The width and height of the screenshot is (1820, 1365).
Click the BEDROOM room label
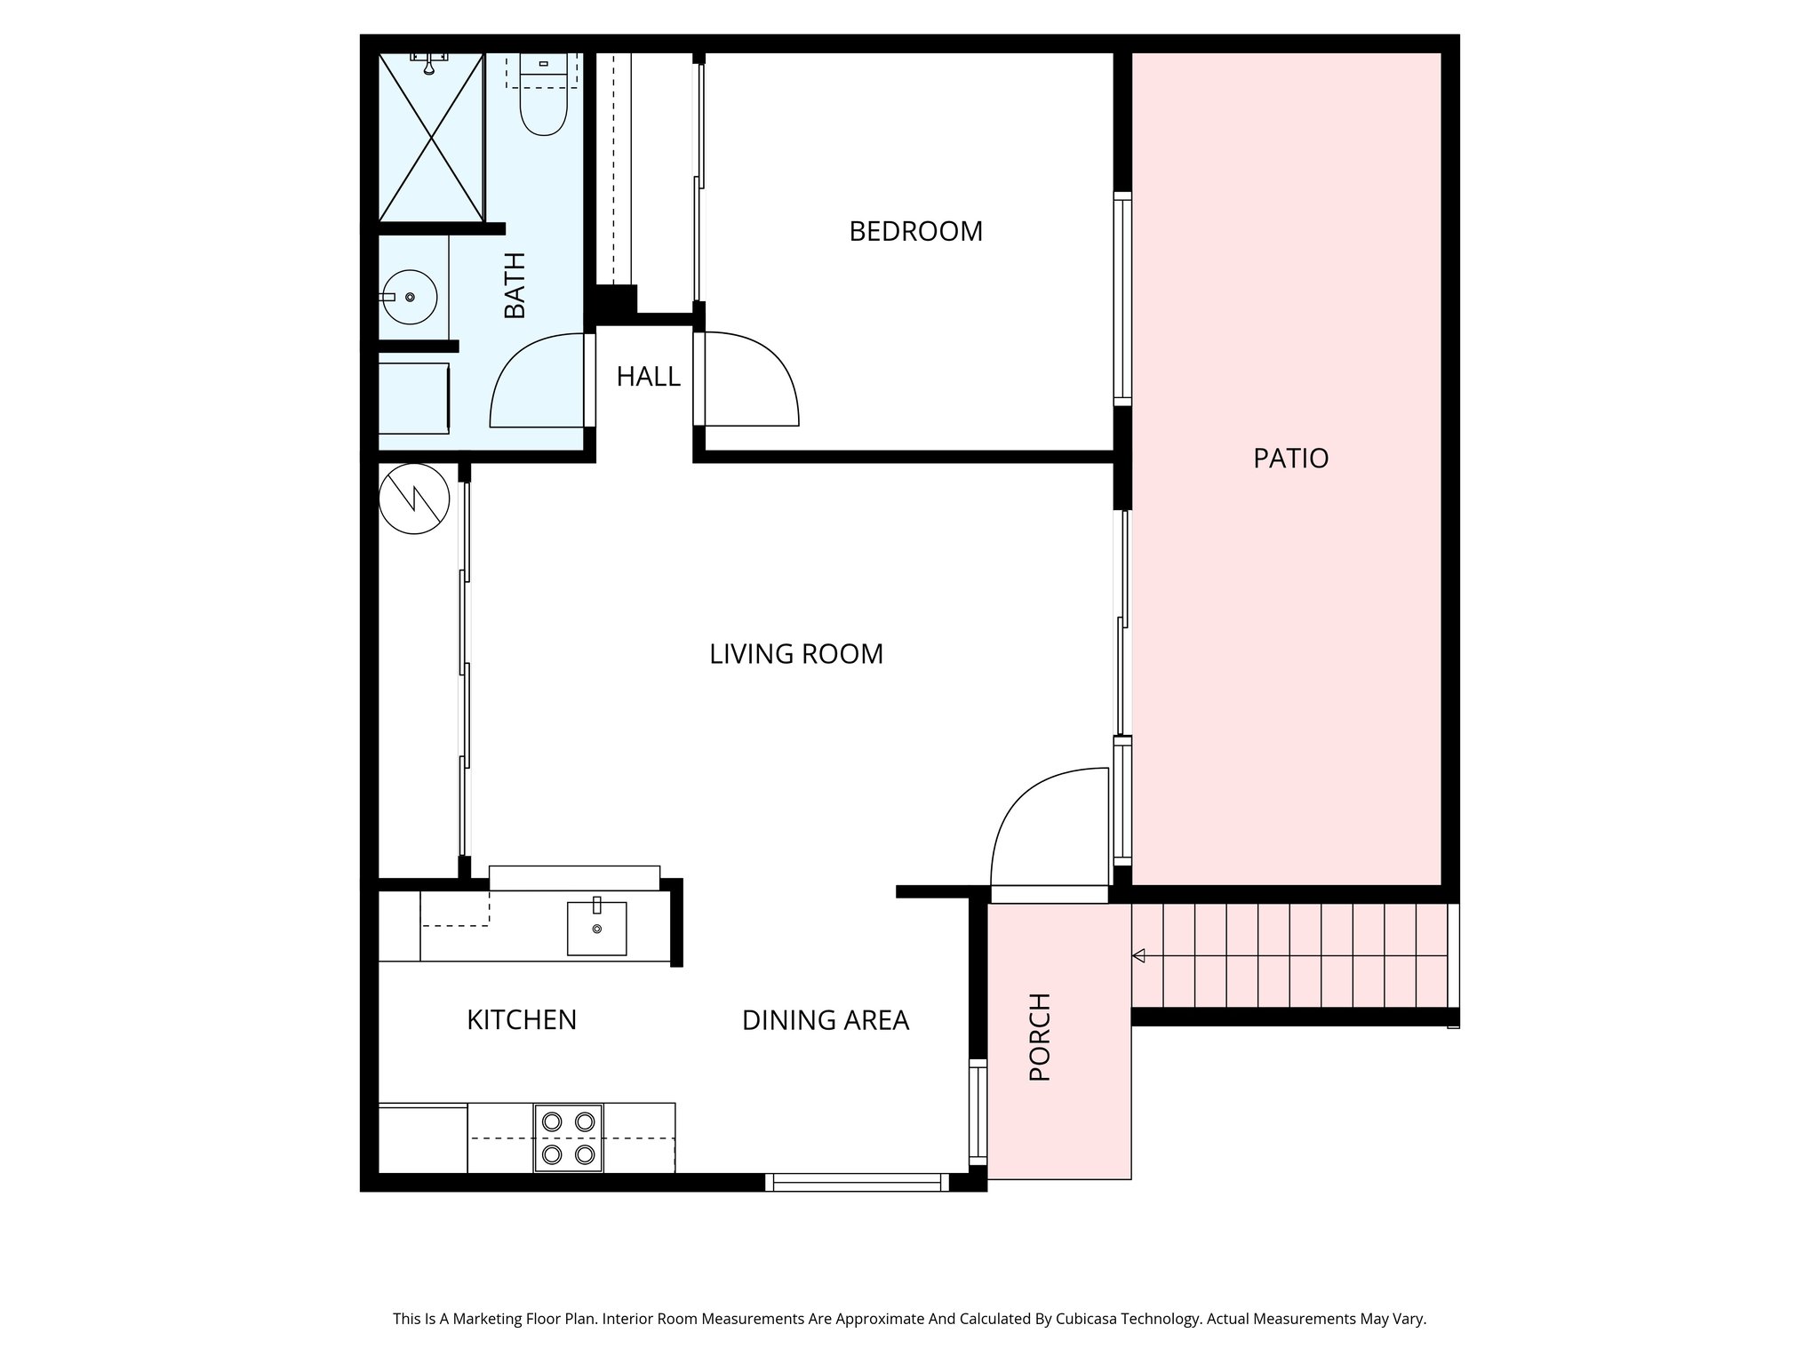click(x=915, y=231)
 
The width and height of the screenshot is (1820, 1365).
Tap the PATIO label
click(x=1290, y=459)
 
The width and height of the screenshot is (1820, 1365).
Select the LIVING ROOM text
click(x=796, y=654)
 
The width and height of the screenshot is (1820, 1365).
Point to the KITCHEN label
click(x=522, y=1020)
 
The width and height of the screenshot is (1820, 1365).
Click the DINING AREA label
click(x=825, y=1020)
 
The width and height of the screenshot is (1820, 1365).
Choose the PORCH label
click(x=1040, y=1037)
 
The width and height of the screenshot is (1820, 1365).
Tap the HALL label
click(x=649, y=377)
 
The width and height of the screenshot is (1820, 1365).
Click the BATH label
click(x=515, y=285)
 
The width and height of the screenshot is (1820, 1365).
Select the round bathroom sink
click(x=409, y=297)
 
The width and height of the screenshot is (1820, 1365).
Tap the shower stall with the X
click(x=431, y=137)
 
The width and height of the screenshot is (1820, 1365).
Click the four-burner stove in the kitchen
click(x=568, y=1138)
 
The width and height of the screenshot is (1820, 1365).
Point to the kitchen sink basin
click(x=596, y=928)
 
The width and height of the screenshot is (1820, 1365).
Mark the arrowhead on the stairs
click(x=1138, y=956)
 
